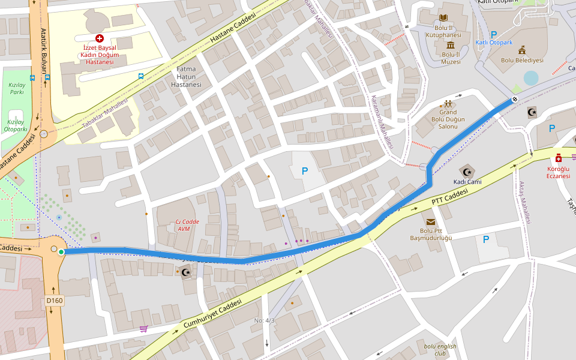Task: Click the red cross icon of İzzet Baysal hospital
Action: [100, 38]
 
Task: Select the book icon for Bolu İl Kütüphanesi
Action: [443, 19]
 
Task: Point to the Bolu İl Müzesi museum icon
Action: [450, 45]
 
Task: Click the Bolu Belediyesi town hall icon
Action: [522, 50]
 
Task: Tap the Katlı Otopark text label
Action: [494, 43]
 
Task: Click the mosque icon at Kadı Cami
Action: [467, 172]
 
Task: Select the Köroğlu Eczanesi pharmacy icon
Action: [559, 158]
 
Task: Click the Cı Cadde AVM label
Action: [187, 225]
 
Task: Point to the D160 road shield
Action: [54, 301]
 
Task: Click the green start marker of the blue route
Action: [61, 251]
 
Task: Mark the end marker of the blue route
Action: [515, 100]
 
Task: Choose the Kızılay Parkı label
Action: [16, 89]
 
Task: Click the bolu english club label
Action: [440, 349]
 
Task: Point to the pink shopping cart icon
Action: [143, 328]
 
